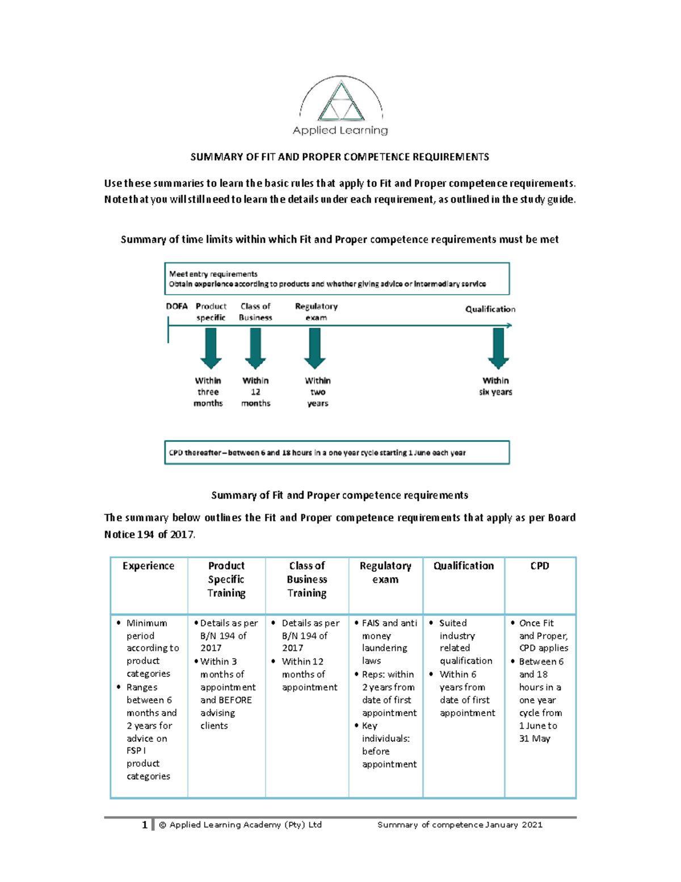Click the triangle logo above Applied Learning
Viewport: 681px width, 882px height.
341,102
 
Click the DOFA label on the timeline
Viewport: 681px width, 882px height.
176,306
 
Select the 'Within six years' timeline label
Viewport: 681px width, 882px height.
495,386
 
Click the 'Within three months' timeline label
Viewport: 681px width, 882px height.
208,392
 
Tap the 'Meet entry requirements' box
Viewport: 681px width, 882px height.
337,279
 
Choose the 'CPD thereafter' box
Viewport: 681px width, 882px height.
337,453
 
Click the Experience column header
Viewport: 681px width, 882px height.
149,566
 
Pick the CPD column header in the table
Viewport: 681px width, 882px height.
540,566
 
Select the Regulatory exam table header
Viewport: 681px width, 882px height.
385,572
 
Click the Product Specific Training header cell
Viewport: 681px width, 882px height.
226,579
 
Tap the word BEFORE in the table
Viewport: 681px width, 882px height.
234,700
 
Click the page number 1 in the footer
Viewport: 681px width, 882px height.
145,825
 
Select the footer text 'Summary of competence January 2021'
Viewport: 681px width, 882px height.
460,825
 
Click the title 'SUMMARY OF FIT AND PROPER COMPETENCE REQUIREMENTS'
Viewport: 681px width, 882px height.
339,157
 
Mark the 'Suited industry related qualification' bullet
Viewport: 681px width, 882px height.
465,642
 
